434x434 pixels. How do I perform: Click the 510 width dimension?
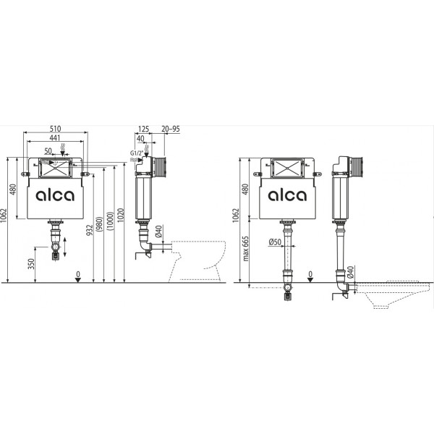56,129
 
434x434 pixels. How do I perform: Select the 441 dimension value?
55,137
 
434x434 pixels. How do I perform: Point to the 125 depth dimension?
143,129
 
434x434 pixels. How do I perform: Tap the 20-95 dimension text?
171,129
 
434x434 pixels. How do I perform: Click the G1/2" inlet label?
137,153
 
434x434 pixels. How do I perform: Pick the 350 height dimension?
31,264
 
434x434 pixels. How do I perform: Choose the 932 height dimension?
90,230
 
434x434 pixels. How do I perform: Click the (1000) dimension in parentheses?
110,221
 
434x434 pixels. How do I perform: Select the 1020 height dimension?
120,215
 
